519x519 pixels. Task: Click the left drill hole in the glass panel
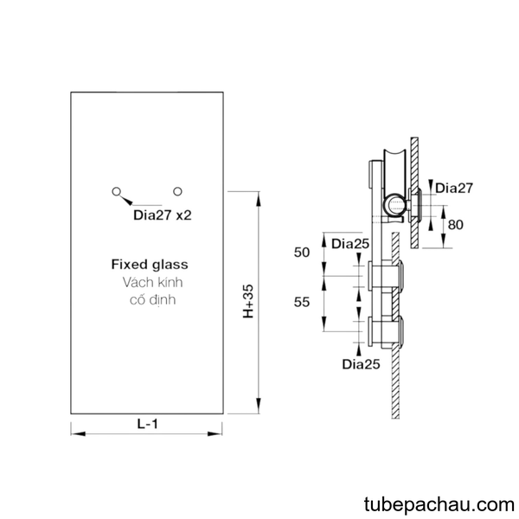116,191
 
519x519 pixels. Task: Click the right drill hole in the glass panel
177,191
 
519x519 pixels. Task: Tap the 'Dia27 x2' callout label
163,215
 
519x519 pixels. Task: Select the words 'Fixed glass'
150,264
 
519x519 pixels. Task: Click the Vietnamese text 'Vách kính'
152,282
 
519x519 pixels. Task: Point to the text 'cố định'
152,300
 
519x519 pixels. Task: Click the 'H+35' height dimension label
248,301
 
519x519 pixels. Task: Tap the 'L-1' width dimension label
148,424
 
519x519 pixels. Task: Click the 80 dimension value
456,225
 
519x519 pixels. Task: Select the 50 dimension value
302,253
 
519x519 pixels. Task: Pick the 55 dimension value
302,302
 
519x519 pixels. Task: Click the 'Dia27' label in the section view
454,188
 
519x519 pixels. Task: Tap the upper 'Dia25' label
350,244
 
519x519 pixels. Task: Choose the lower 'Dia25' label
361,364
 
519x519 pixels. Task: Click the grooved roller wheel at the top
394,171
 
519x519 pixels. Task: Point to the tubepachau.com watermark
439,505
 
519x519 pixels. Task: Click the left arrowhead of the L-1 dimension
78,433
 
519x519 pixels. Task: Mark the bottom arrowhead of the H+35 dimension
259,406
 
